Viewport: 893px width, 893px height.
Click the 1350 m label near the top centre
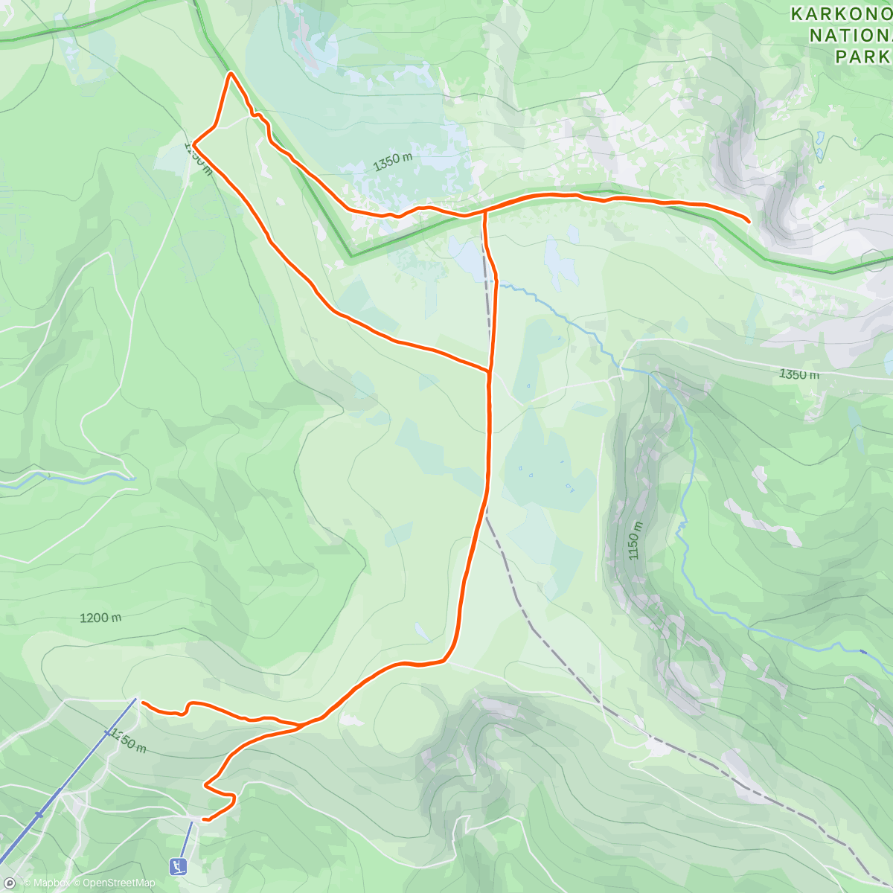coord(393,161)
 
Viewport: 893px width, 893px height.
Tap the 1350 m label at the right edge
coord(798,374)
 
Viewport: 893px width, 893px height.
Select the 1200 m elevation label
coord(100,618)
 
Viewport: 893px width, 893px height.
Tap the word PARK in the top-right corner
coord(862,57)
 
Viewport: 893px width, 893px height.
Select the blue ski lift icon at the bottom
coord(178,866)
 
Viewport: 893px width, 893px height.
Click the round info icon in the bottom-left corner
coord(9,883)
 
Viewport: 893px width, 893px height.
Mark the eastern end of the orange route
coord(749,221)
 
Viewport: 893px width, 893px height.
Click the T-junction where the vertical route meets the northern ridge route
coord(484,213)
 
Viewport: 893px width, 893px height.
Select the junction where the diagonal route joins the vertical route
coord(489,369)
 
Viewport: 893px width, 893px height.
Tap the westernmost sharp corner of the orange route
coord(193,143)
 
